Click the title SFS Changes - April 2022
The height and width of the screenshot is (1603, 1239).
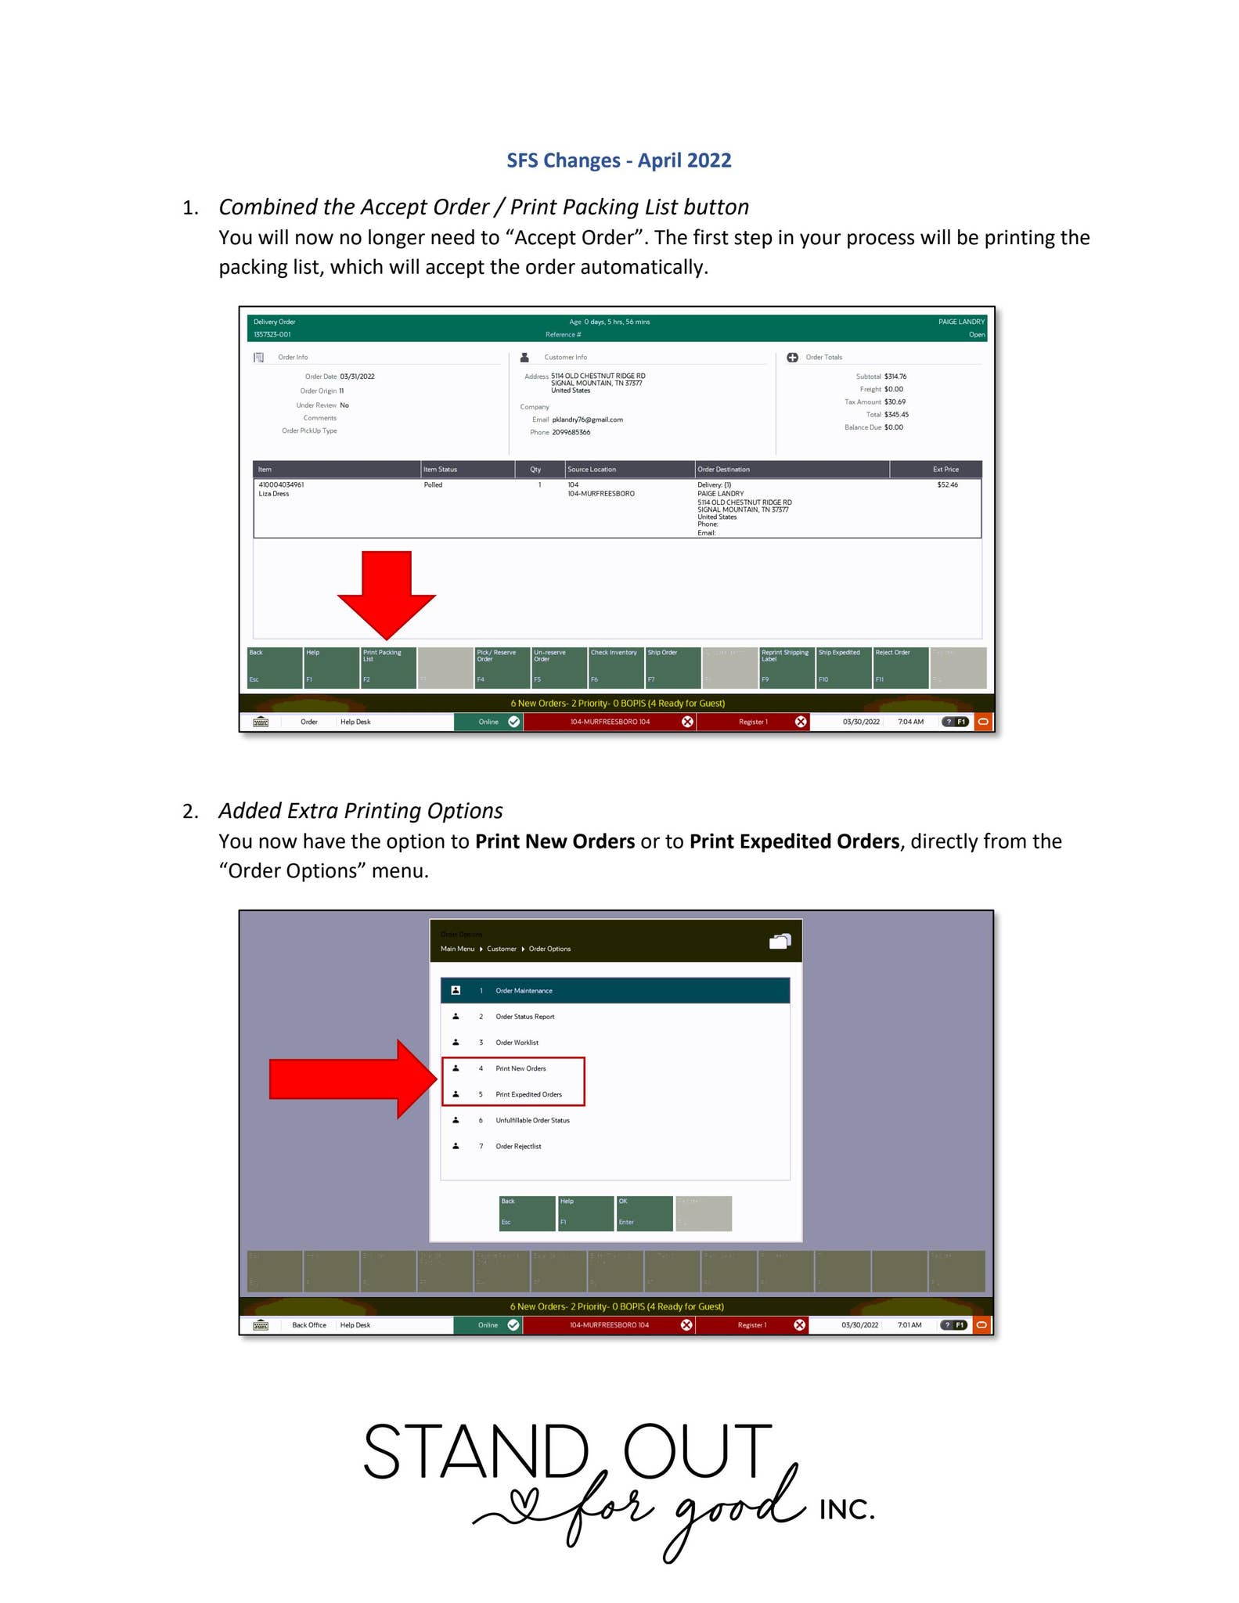tap(618, 160)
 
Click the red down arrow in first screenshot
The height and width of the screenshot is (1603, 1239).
tap(387, 591)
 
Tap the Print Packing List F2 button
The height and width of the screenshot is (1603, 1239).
tap(387, 667)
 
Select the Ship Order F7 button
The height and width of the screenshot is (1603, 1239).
tap(672, 667)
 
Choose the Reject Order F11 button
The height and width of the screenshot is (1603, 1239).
tap(900, 667)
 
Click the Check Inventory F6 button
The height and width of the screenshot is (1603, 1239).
tap(615, 667)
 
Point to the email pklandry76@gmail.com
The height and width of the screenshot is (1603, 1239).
tap(587, 420)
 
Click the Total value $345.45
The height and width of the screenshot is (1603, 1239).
tap(896, 415)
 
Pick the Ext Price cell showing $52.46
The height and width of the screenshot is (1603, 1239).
tap(947, 485)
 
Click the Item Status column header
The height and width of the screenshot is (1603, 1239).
tap(441, 470)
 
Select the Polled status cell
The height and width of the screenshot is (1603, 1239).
tap(433, 485)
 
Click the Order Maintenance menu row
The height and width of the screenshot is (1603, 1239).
tap(614, 990)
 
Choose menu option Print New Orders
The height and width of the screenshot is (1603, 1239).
tap(520, 1068)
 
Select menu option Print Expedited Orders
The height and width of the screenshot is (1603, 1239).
tap(528, 1094)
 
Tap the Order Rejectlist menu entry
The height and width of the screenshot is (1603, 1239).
tap(518, 1146)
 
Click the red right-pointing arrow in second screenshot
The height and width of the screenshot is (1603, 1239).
tap(348, 1079)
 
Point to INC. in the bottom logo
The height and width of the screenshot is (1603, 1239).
tap(846, 1510)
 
